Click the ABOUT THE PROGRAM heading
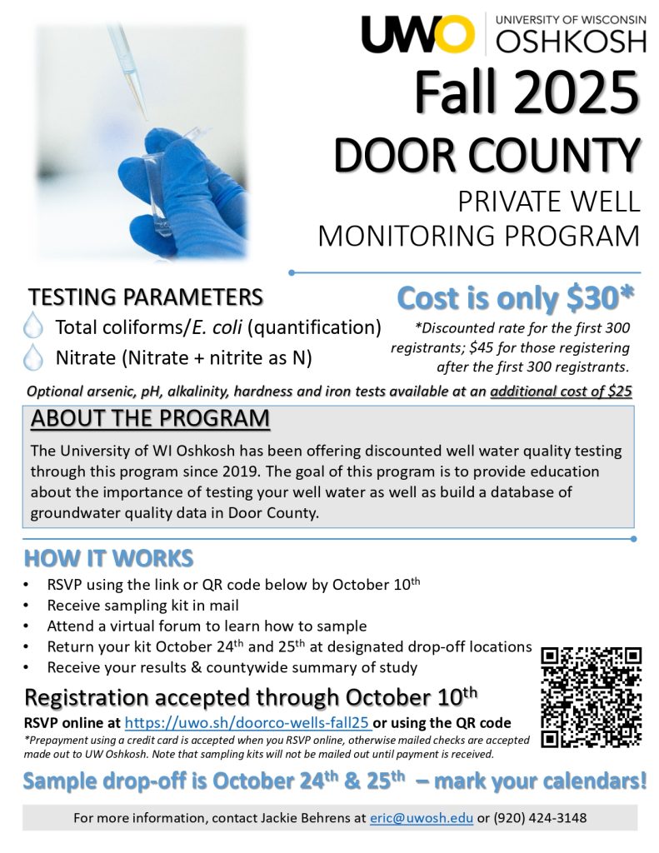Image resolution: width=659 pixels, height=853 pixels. tap(150, 418)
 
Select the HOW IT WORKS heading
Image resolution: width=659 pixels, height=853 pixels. tap(109, 558)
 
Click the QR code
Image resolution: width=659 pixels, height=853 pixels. tap(591, 696)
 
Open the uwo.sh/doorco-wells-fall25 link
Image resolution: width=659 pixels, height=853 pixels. tap(247, 722)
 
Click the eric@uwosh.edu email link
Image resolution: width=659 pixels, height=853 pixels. tap(422, 818)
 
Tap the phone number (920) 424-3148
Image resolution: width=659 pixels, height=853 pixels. tap(540, 818)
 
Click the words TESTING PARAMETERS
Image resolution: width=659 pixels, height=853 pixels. tap(147, 297)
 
